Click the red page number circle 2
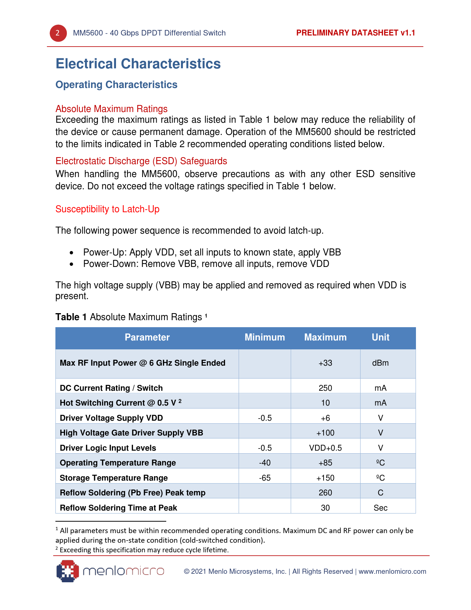click(58, 33)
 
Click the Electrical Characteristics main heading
click(138, 64)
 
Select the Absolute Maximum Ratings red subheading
click(112, 109)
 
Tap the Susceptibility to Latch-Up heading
click(107, 209)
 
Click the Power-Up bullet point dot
click(72, 253)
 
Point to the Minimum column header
click(264, 338)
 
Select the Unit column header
click(380, 338)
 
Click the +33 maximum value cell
click(325, 363)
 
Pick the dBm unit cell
click(380, 363)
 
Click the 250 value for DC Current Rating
click(325, 388)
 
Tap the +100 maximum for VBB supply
click(325, 433)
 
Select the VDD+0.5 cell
click(325, 448)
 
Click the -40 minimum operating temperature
click(265, 463)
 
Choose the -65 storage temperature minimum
click(265, 478)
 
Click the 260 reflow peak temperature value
click(325, 493)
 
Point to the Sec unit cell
click(380, 508)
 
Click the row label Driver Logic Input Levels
click(108, 448)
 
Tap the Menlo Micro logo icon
click(68, 571)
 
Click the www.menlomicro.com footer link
click(392, 572)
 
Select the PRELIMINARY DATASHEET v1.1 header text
click(355, 33)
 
